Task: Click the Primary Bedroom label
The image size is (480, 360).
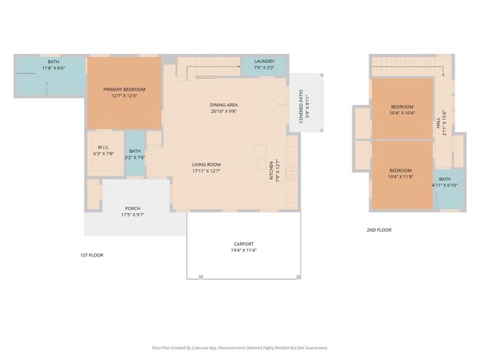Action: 124,89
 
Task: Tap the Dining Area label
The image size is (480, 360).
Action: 224,104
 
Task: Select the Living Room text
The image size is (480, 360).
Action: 206,164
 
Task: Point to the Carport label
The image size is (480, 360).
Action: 244,244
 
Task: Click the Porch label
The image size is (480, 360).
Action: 133,208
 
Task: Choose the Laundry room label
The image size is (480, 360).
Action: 264,61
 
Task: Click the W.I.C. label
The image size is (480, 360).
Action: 103,147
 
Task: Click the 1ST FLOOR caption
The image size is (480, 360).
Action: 91,255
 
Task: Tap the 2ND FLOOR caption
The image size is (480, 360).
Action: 379,230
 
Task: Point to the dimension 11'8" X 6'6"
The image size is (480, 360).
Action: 53,68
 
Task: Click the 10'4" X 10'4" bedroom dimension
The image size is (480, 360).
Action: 402,113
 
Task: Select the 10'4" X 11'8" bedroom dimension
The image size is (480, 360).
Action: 401,177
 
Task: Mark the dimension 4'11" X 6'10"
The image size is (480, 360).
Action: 445,185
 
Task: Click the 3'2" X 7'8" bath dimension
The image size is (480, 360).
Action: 135,157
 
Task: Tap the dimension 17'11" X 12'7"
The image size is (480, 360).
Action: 206,171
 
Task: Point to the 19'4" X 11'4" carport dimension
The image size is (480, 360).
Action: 244,250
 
